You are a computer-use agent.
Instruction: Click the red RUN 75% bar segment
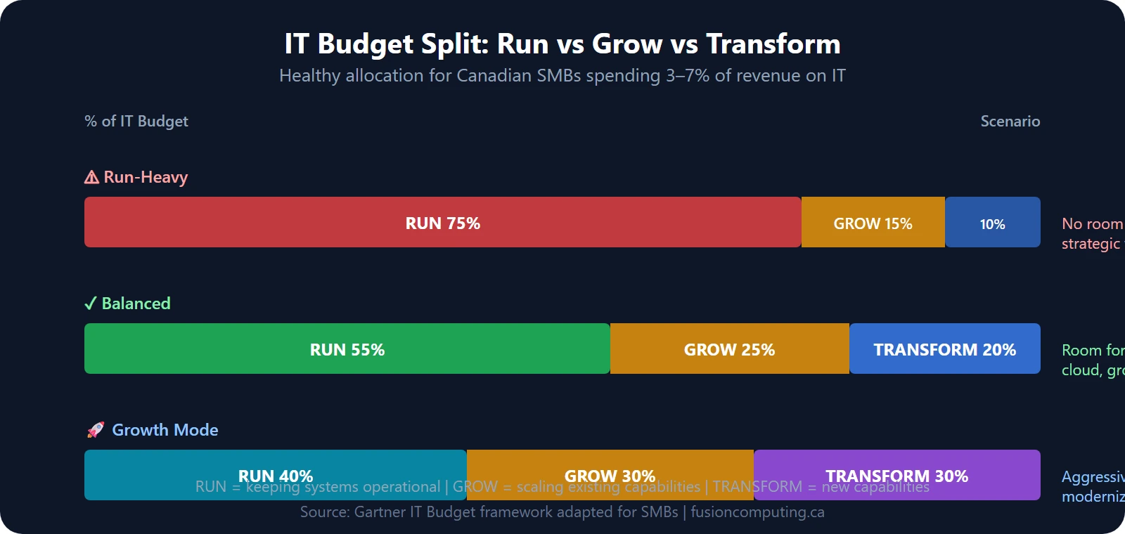click(x=442, y=223)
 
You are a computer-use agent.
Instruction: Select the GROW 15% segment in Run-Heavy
click(x=873, y=223)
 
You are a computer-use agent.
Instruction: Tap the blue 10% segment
click(x=992, y=223)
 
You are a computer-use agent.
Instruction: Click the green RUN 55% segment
click(x=347, y=349)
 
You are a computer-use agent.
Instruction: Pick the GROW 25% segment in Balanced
click(x=729, y=349)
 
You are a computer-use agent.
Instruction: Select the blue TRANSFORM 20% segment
click(x=944, y=349)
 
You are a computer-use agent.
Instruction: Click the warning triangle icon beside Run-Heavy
click(x=91, y=177)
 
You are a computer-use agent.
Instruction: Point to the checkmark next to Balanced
click(x=90, y=304)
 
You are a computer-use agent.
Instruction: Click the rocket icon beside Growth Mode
click(x=95, y=430)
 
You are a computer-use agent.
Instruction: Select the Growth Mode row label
click(x=165, y=430)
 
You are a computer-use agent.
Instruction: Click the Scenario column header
click(x=1010, y=121)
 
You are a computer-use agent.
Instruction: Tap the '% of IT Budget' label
click(x=136, y=121)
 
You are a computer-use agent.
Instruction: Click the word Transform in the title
click(x=773, y=44)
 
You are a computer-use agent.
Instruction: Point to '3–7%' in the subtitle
click(x=688, y=75)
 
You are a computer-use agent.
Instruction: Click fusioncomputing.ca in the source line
click(x=757, y=512)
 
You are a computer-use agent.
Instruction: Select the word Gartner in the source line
click(x=380, y=512)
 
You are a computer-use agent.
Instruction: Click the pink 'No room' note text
click(x=1092, y=223)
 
